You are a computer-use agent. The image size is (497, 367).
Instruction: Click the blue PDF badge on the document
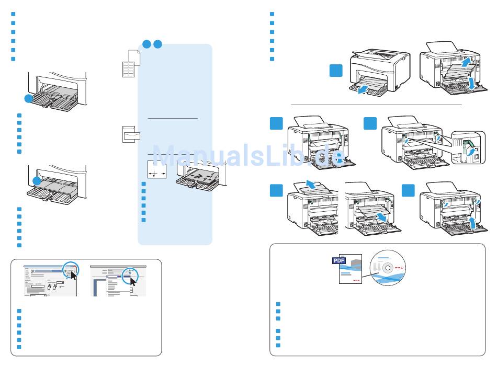339,260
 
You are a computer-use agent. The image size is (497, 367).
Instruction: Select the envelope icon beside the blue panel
128,134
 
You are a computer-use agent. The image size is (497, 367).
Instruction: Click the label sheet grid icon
128,69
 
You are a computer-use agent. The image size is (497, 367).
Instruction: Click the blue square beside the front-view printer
336,72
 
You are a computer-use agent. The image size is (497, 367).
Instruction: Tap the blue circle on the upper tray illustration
30,98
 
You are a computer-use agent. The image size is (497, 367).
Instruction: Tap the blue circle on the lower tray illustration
36,180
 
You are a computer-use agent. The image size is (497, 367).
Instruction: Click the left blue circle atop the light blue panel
146,44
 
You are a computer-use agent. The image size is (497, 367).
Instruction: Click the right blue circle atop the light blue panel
157,44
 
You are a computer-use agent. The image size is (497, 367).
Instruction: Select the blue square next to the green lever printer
370,123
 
